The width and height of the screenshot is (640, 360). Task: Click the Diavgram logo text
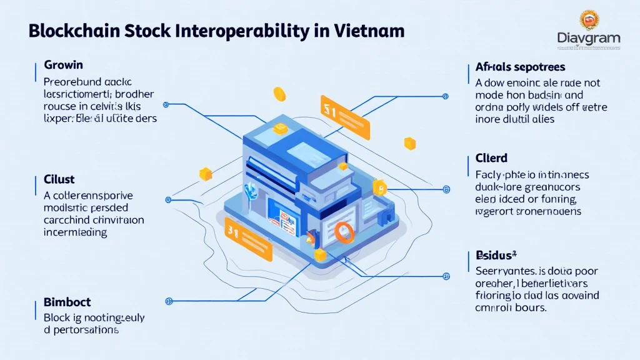[x=589, y=39]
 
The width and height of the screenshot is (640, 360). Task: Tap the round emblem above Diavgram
[x=589, y=19]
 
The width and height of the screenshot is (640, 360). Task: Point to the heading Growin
[x=63, y=65]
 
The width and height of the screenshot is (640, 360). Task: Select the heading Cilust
[x=59, y=180]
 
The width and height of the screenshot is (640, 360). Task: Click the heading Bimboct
[x=67, y=302]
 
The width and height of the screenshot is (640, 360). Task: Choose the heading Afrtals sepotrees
[x=520, y=66]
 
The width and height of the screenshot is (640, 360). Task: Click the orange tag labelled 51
[x=344, y=116]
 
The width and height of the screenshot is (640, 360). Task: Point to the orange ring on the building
[x=344, y=232]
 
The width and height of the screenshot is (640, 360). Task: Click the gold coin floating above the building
[x=279, y=94]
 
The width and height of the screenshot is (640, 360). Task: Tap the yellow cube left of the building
[x=205, y=174]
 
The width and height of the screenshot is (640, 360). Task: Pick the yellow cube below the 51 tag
[x=409, y=144]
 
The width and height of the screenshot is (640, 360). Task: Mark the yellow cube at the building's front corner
[x=320, y=254]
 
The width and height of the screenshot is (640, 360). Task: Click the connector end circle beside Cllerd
[x=446, y=188]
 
